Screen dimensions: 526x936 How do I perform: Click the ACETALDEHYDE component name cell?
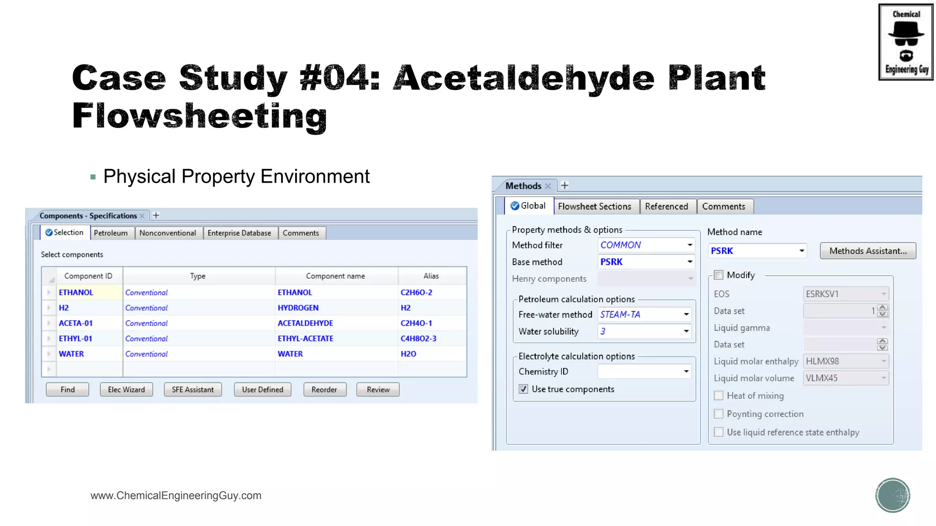[x=305, y=323]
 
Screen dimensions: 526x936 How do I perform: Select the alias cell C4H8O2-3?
[x=418, y=339]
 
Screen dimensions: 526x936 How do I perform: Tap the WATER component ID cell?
[x=71, y=354]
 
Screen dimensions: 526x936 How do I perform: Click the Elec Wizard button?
[x=126, y=389]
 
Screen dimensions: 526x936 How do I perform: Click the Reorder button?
[x=324, y=389]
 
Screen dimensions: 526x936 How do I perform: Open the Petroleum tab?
[x=111, y=233]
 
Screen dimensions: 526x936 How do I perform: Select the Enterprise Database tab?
[x=239, y=233]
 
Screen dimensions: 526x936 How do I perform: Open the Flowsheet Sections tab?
[x=594, y=206]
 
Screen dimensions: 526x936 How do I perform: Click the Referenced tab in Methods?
[x=666, y=206]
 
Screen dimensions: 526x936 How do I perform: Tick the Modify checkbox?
[x=719, y=275]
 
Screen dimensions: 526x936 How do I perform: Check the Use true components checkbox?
[x=523, y=389]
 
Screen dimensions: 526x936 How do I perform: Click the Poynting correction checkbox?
[x=719, y=414]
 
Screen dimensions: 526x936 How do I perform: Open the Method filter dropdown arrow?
[x=690, y=245]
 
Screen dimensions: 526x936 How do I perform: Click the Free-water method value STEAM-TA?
[x=620, y=315]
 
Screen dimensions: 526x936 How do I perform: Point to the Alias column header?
[x=431, y=276]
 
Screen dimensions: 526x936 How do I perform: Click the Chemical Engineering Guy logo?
[x=906, y=42]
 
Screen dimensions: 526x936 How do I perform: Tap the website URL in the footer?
[x=176, y=495]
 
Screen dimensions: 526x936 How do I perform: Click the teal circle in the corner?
[x=893, y=495]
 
